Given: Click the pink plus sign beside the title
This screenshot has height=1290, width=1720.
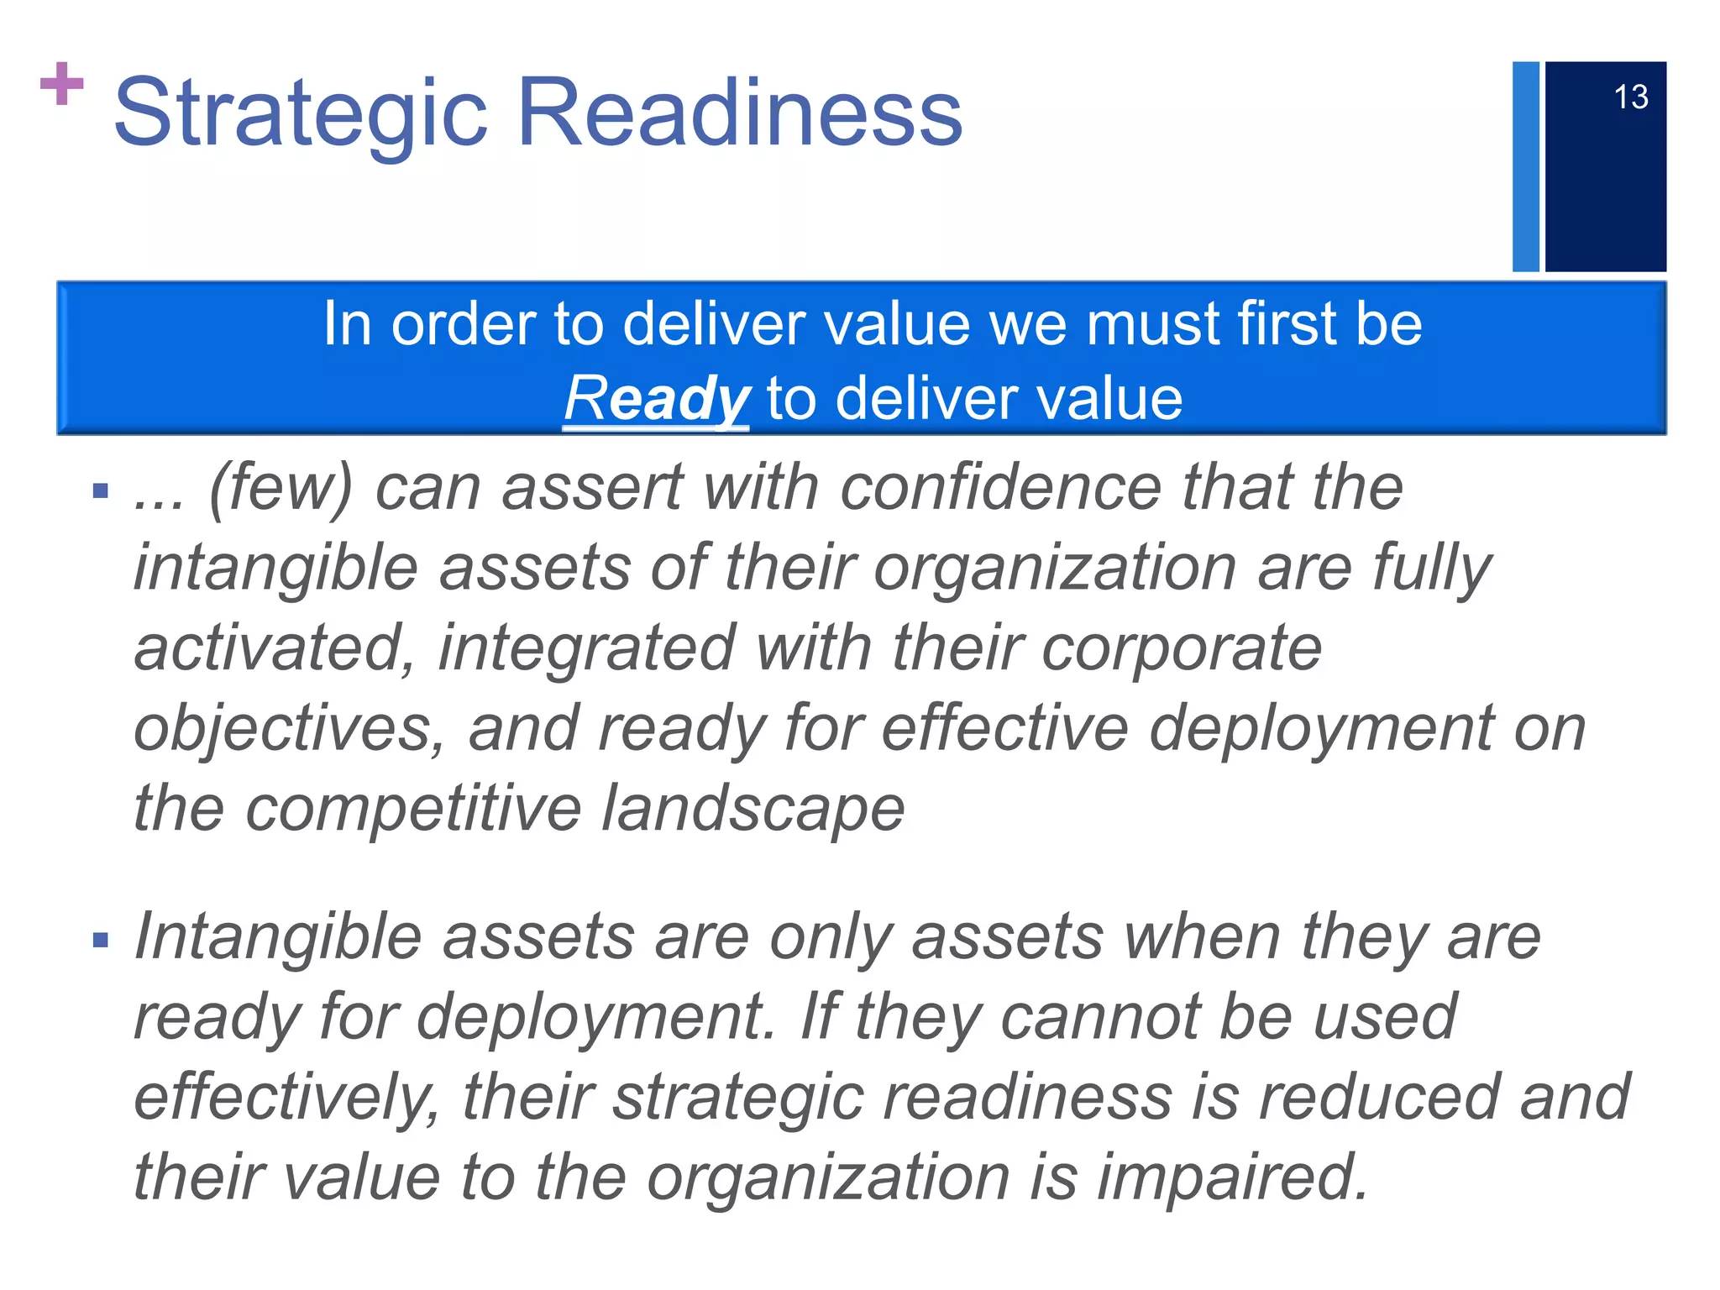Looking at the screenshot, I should click(61, 84).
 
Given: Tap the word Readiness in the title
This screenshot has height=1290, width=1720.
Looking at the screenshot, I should click(740, 113).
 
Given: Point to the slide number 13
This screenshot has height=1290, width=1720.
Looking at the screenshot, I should click(1630, 97).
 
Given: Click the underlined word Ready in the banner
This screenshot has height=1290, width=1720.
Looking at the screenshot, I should click(656, 399).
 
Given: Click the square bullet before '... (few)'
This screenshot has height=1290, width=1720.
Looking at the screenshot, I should click(101, 490).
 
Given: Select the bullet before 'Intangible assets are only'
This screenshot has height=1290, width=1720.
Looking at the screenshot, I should click(101, 939).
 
